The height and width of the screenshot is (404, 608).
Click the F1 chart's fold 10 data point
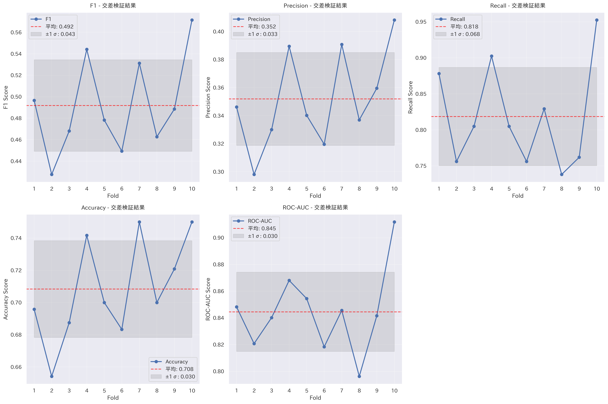[192, 20]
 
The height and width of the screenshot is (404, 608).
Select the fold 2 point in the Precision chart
[254, 174]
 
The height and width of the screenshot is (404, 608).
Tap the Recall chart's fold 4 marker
[491, 56]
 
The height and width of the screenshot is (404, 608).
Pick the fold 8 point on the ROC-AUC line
[359, 376]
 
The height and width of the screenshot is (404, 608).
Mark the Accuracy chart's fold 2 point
[52, 376]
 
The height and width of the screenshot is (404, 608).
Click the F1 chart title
[113, 6]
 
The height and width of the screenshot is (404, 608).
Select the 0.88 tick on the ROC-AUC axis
[218, 264]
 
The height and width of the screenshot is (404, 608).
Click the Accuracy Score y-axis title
[6, 299]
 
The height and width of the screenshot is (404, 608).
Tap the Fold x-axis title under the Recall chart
[518, 196]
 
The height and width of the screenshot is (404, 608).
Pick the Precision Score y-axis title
[208, 97]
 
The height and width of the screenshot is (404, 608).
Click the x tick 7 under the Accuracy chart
[139, 391]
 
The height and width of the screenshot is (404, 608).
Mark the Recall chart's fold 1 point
[439, 74]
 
